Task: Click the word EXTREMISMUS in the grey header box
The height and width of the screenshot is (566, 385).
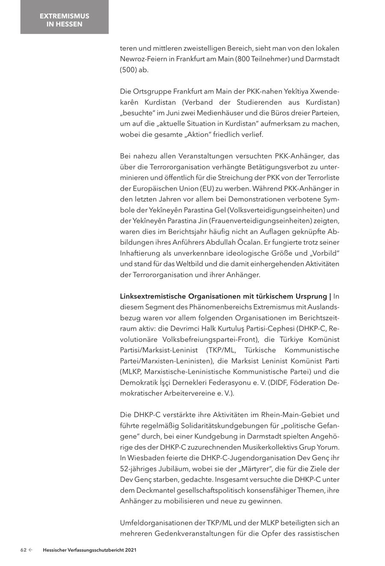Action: tap(64, 16)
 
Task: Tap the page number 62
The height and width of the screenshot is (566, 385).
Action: tap(24, 550)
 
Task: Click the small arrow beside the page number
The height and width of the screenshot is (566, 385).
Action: tap(31, 550)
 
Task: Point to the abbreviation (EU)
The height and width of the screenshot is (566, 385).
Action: tap(207, 188)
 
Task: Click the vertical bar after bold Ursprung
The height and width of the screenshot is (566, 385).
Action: tap(330, 296)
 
